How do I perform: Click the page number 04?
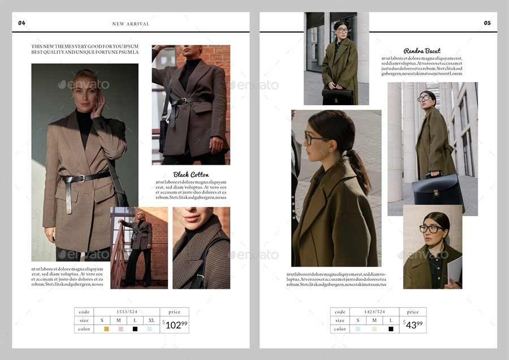tap(21, 23)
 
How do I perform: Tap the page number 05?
tap(487, 23)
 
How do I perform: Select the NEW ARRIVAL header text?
tap(131, 24)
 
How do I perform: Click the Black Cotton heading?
tap(191, 174)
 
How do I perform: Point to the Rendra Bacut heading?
tap(422, 51)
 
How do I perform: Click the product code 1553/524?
tap(127, 312)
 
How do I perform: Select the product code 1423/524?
tap(374, 312)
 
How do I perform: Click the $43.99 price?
tap(414, 324)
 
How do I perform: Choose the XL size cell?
tap(151, 320)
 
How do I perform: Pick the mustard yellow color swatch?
tap(106, 329)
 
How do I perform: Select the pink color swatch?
tap(120, 329)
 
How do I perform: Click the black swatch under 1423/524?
tap(390, 329)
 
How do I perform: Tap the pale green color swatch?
tap(374, 329)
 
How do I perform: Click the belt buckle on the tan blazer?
tap(81, 178)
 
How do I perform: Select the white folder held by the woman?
tap(455, 269)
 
